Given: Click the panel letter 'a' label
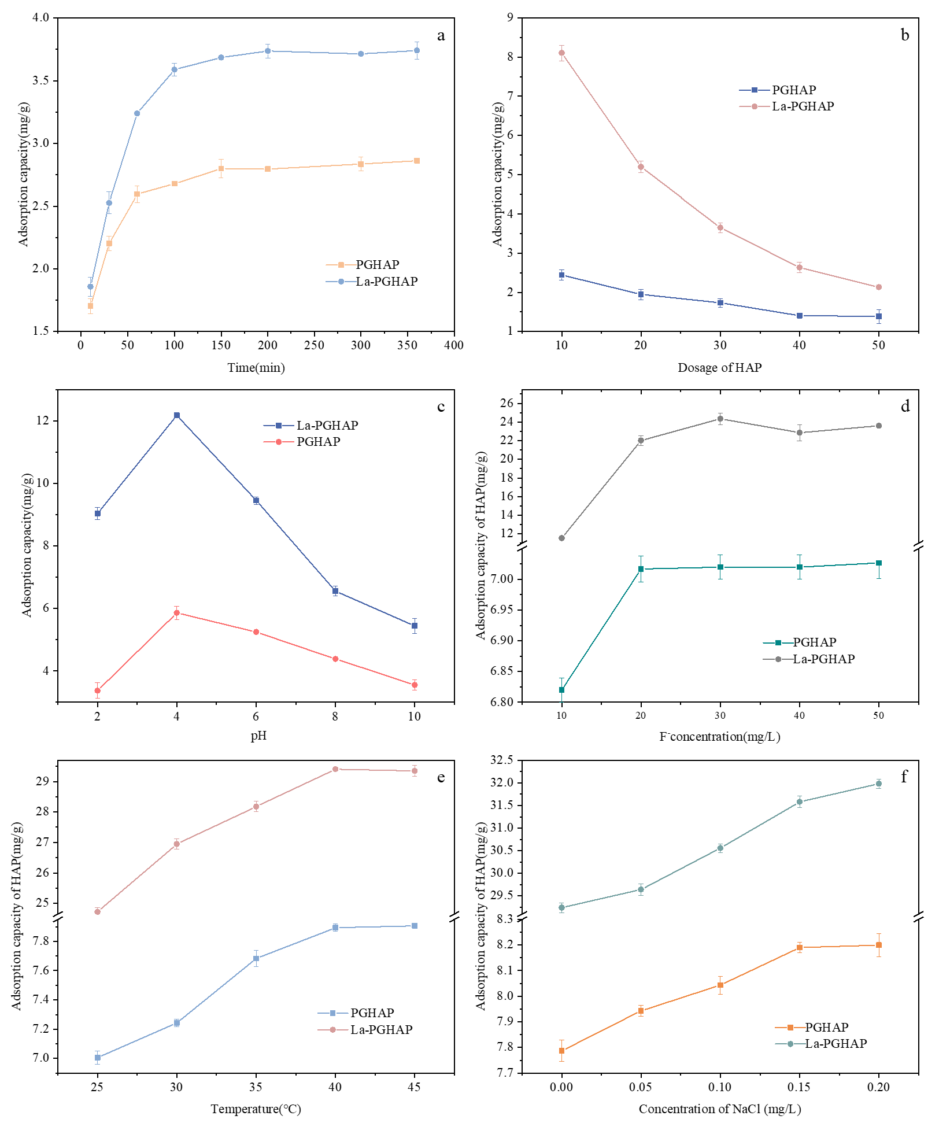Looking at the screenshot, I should (x=441, y=36).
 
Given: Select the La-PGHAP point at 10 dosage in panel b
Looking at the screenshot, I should (x=561, y=53).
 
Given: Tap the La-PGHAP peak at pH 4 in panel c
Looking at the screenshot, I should (x=177, y=415).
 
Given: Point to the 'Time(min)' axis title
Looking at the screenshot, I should (x=256, y=368).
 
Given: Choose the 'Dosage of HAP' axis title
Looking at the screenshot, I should (x=719, y=368).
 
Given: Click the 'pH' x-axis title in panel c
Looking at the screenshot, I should (x=258, y=736).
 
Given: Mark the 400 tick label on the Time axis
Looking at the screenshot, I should (x=454, y=345).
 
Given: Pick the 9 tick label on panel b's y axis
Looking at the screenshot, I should (x=510, y=18).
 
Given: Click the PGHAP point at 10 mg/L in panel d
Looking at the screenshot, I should (x=561, y=690).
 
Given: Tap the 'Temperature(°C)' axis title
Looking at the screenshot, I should (x=256, y=1109).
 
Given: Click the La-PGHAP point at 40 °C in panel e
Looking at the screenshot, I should (x=335, y=769).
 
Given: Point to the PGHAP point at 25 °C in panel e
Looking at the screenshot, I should (x=98, y=1058).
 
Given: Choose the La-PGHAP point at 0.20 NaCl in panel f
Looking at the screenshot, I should (x=879, y=784).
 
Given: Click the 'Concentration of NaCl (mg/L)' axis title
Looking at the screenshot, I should (x=719, y=1109).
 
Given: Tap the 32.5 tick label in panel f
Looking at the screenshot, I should (x=501, y=760).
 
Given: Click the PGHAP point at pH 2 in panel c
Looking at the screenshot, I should (x=98, y=690).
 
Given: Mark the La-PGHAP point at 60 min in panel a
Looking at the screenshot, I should (x=137, y=113).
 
